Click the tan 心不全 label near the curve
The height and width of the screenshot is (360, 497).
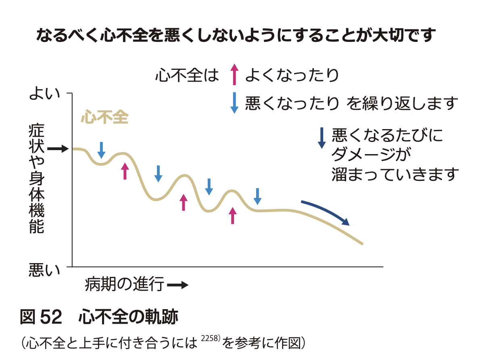coord(104,117)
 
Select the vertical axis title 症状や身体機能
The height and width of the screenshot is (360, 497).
coord(37,180)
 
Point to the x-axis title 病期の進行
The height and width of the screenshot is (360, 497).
coord(125,285)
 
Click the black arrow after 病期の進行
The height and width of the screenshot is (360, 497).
coord(177,285)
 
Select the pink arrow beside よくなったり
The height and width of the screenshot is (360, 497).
coord(234,75)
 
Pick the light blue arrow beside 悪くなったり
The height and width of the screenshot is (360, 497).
coord(234,103)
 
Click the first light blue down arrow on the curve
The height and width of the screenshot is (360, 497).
coord(102,150)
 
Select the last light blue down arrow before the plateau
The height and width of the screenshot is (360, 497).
coord(257,196)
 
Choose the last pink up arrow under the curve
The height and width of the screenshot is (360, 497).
coord(232,216)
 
